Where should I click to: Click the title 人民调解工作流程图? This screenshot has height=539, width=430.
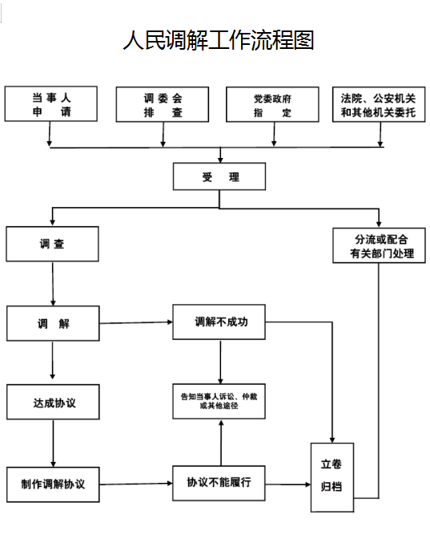[218, 40]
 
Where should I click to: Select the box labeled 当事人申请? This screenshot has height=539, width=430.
[50, 104]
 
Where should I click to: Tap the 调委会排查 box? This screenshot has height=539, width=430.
[163, 104]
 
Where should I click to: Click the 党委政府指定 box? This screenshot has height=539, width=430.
[272, 104]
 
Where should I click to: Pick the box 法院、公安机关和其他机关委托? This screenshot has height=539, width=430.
[379, 104]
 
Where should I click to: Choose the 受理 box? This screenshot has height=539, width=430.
[219, 176]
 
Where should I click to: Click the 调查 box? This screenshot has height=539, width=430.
[53, 244]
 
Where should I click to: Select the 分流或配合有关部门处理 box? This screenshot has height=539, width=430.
[379, 245]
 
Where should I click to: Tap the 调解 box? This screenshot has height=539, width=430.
[53, 323]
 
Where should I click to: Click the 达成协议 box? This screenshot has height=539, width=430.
[53, 402]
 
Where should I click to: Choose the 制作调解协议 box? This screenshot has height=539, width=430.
[53, 484]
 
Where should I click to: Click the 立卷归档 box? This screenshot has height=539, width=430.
[332, 476]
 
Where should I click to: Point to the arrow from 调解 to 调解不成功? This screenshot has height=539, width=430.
[136, 323]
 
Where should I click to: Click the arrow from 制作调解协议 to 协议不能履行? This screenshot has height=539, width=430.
[136, 484]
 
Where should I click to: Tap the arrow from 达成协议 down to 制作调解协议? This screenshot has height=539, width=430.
[53, 443]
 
